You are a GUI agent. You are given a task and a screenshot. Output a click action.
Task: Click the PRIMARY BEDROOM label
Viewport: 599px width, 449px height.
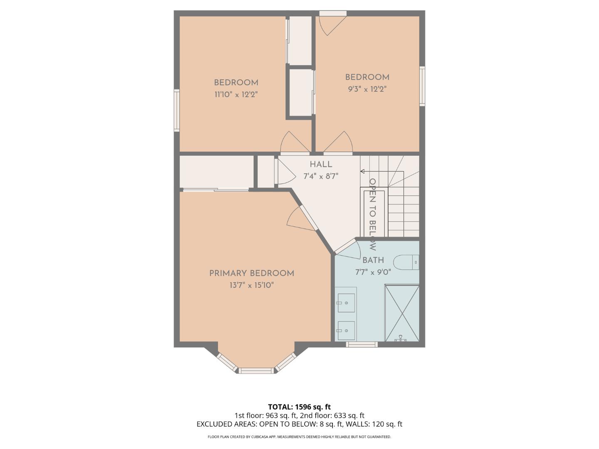pos(251,273)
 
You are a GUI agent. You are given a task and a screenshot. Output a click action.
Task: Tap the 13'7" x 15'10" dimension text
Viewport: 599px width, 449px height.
pos(251,285)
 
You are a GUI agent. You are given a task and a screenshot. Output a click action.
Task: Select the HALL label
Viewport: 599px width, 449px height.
pos(321,164)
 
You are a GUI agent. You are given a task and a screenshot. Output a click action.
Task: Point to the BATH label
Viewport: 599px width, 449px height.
pos(373,260)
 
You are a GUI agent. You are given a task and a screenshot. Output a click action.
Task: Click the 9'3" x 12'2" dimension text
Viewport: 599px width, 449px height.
pos(367,89)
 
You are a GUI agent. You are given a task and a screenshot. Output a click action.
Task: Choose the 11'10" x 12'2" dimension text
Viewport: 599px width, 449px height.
pos(236,94)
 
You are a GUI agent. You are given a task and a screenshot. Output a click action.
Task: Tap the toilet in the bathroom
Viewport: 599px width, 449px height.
pos(406,262)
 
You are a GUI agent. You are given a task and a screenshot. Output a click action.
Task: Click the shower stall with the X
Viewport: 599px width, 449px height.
pos(402,313)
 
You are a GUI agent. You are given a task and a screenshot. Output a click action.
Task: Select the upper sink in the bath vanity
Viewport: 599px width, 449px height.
pos(346,303)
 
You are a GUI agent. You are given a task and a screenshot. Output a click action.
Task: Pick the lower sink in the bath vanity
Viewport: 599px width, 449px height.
pos(346,331)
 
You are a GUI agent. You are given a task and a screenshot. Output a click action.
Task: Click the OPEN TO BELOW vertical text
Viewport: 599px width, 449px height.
pos(373,214)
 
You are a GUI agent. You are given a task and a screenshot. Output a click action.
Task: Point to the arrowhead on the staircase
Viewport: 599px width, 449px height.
pos(362,171)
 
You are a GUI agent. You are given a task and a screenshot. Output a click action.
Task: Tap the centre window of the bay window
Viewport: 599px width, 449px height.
pos(257,370)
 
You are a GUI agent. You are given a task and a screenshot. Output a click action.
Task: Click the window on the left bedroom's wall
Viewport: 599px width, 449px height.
pos(177,111)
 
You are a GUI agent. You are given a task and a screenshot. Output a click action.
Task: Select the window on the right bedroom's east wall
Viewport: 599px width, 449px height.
pos(422,86)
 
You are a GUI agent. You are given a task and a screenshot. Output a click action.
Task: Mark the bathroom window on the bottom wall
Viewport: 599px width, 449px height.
pos(362,344)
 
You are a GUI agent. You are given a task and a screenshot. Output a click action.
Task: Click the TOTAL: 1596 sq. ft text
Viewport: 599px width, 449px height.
pos(299,407)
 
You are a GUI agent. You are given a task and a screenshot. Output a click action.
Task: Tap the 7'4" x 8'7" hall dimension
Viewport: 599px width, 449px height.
pos(321,176)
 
